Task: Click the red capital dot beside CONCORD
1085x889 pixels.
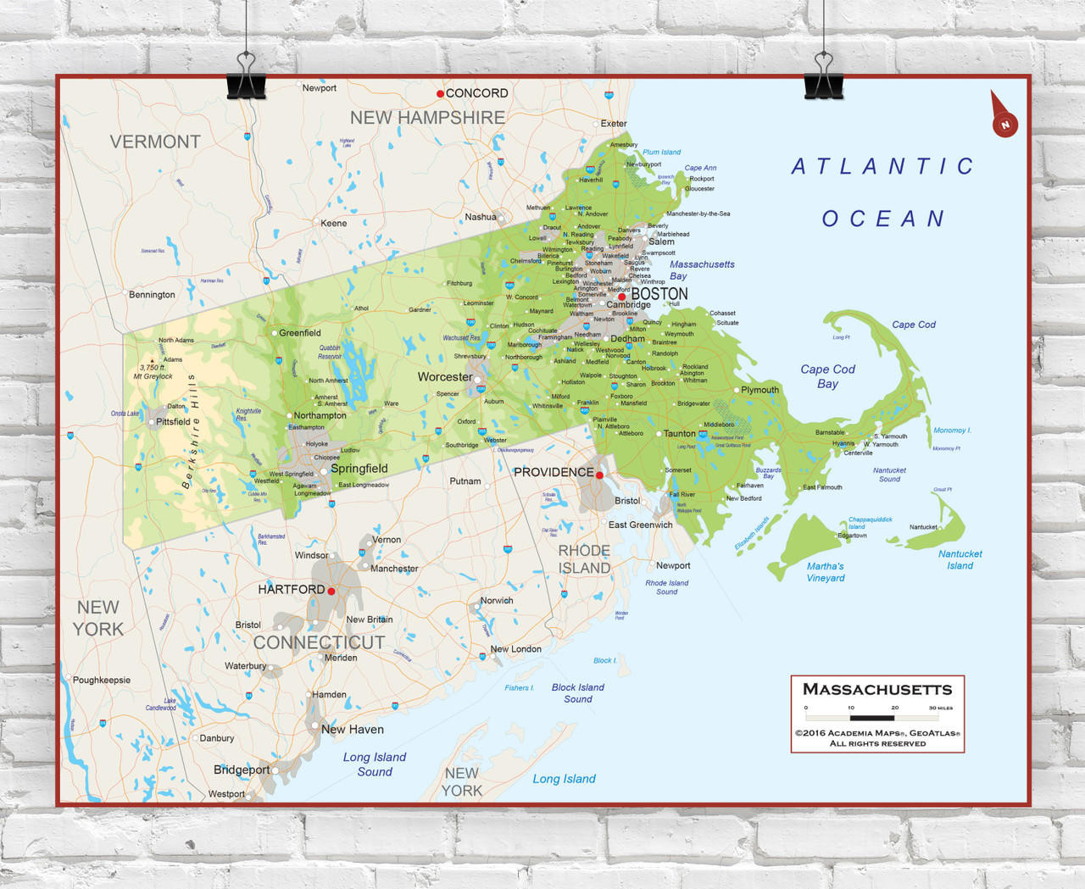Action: tap(440, 93)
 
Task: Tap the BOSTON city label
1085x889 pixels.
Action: tap(659, 294)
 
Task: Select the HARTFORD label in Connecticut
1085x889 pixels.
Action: tap(291, 589)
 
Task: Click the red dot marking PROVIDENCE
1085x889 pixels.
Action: tap(599, 475)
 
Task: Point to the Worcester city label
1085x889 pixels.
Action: tap(444, 377)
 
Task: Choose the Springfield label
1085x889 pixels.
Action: tap(359, 469)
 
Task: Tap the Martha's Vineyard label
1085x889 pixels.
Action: tap(825, 572)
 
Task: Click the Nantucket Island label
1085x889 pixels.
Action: tap(960, 559)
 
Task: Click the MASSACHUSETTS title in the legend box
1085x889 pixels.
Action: tap(877, 689)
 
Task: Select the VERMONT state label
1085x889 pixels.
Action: tap(155, 142)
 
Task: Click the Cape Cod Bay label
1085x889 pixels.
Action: tap(827, 376)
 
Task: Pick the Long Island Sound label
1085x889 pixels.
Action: tap(374, 764)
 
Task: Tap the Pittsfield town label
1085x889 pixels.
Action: tap(173, 421)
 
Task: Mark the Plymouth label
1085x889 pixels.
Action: tap(759, 390)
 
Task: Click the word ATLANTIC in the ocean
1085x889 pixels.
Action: tap(882, 167)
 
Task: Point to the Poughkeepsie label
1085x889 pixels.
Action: tap(102, 680)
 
